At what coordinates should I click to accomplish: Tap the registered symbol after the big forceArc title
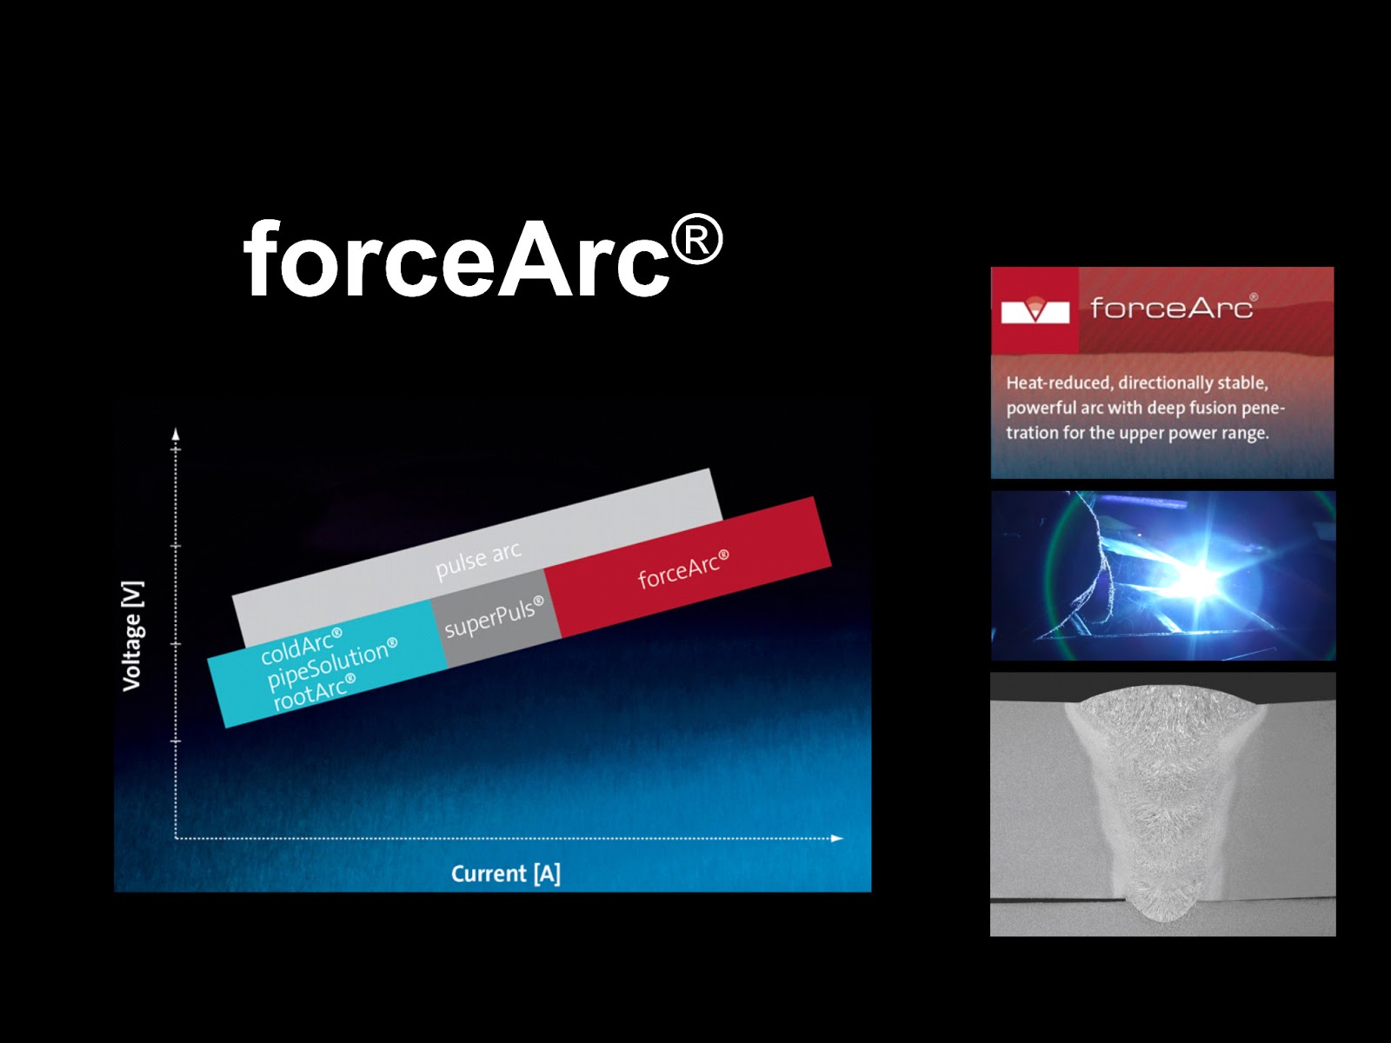pos(697,239)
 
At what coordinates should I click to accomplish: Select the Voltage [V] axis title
pos(132,636)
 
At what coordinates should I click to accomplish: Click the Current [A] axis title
pos(506,874)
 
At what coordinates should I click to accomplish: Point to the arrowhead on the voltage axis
pos(176,434)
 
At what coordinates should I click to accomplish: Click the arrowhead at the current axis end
pos(837,839)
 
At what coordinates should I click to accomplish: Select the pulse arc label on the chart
pos(478,560)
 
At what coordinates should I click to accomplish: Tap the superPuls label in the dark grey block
pos(495,617)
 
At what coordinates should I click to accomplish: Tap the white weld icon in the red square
pos(1035,309)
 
